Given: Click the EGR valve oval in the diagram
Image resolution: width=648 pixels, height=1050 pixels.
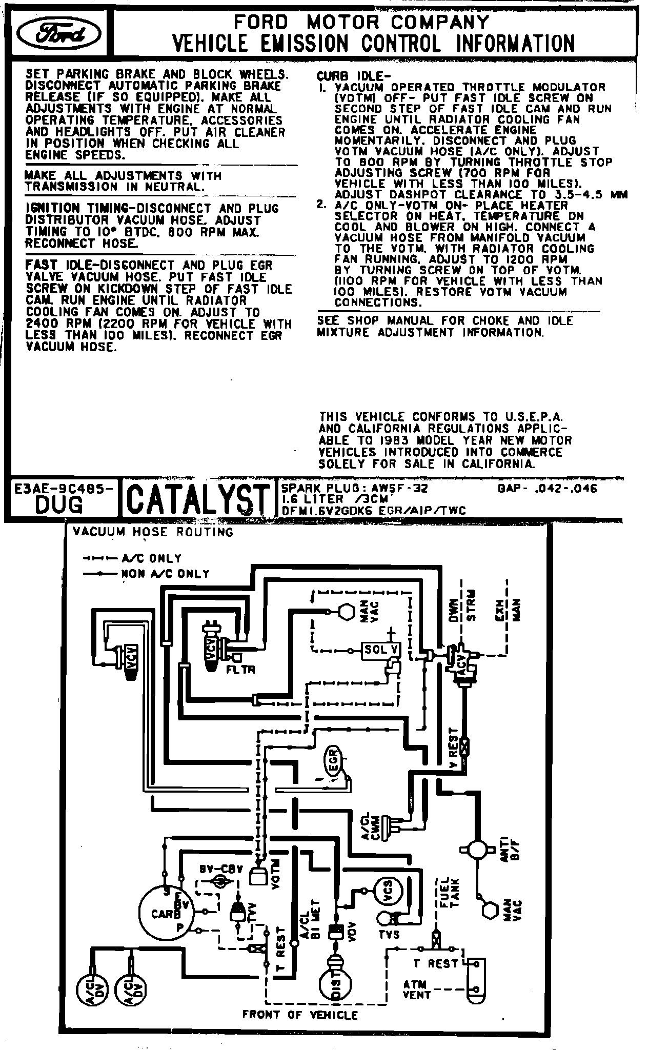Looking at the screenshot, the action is click(x=333, y=760).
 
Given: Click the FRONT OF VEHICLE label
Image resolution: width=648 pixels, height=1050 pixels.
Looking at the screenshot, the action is click(x=300, y=1014).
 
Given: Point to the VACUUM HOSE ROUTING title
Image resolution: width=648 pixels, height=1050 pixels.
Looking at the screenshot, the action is click(x=153, y=532).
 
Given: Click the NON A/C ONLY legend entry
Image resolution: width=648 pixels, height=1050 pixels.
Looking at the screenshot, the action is click(x=165, y=574).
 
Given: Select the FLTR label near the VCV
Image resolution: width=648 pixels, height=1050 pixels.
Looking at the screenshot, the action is click(x=242, y=670).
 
